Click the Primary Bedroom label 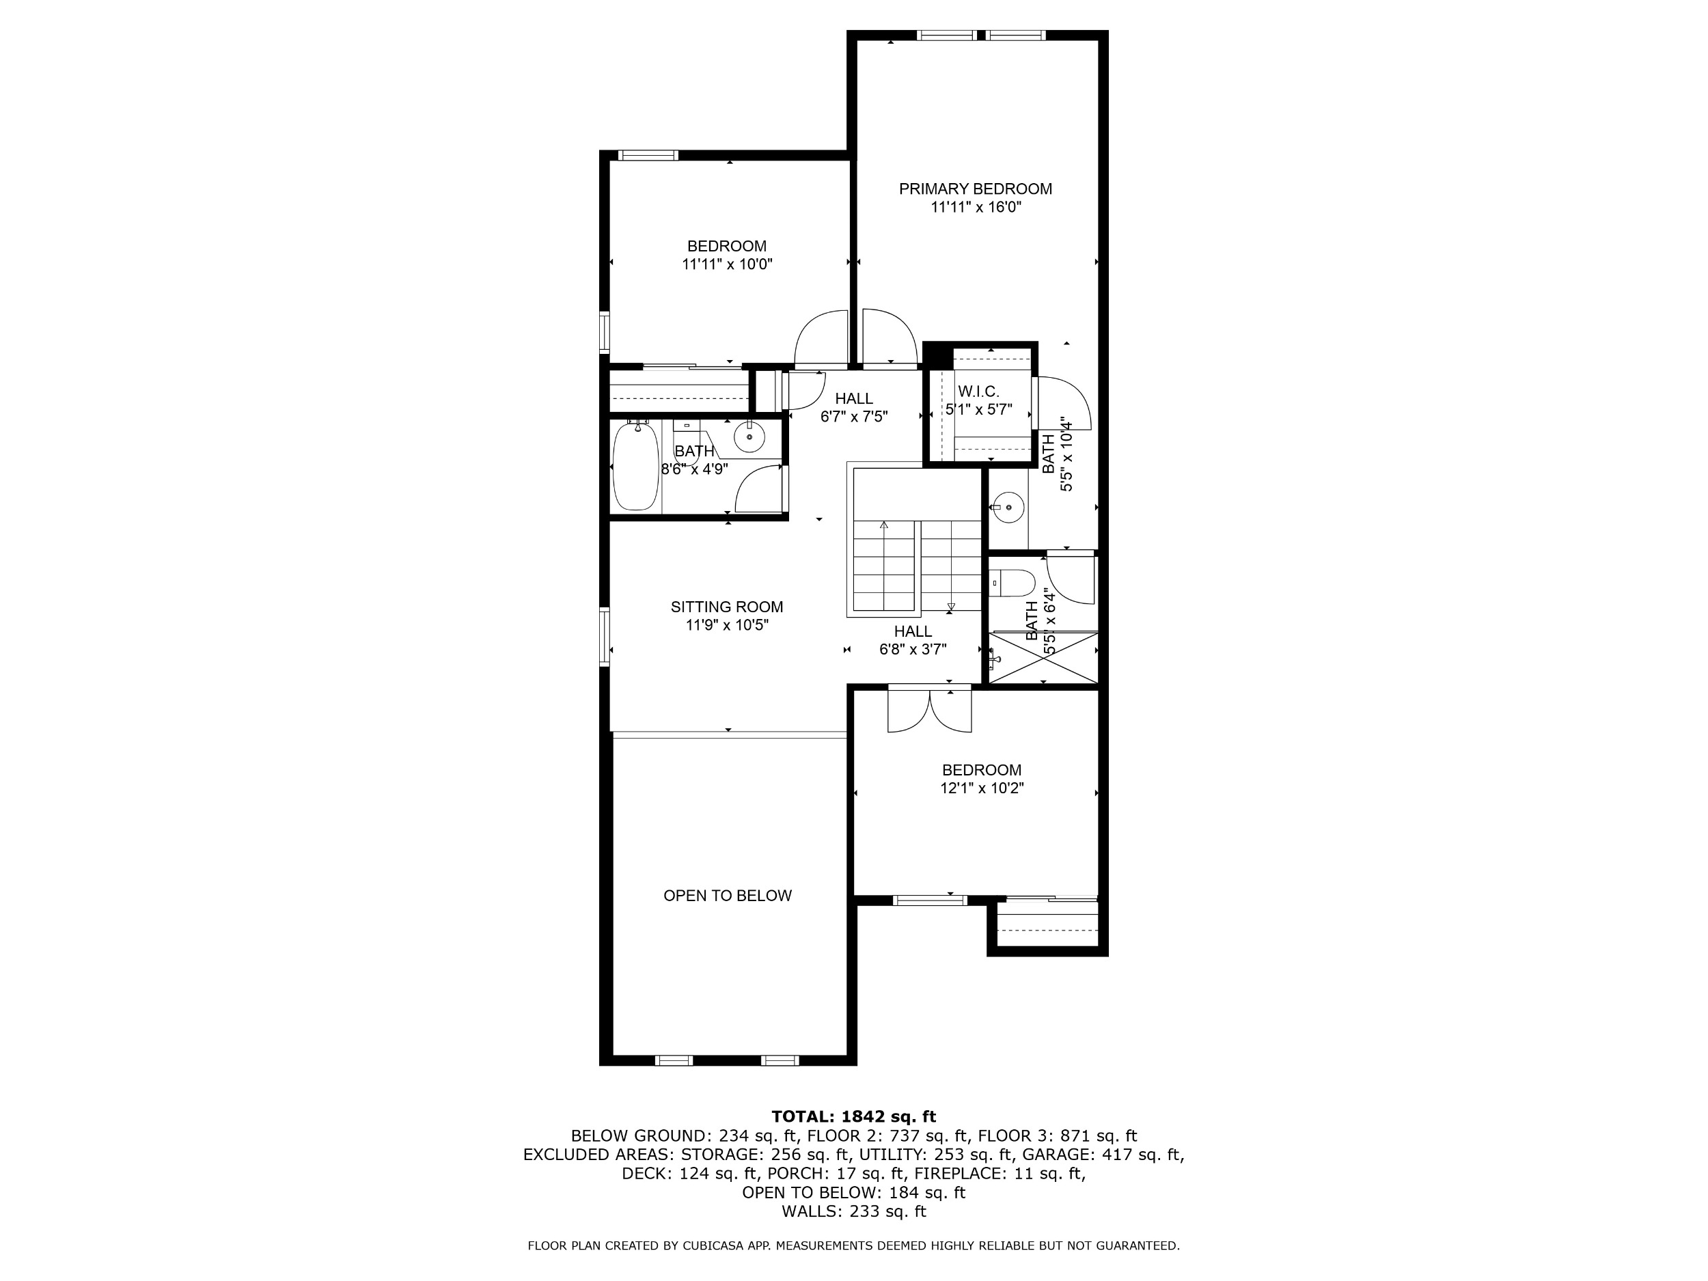[975, 189]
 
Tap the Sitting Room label [727, 607]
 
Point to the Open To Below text [728, 896]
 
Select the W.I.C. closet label [978, 392]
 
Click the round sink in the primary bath [1008, 508]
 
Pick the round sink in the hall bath [749, 438]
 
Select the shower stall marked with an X [1043, 657]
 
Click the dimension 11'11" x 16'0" [976, 208]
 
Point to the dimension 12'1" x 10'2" [981, 788]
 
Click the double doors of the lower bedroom [930, 709]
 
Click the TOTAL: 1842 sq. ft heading [853, 1116]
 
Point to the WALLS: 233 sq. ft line [853, 1211]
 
